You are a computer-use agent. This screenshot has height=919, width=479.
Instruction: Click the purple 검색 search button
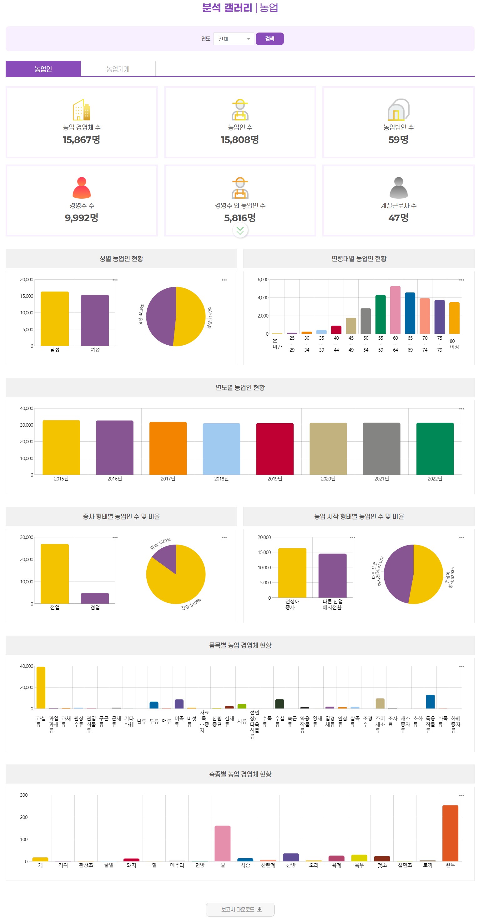[269, 38]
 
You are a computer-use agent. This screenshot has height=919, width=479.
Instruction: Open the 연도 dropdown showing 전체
[234, 39]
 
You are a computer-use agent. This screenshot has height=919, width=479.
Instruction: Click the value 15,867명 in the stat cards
[81, 140]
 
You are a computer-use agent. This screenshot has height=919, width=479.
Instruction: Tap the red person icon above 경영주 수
[81, 188]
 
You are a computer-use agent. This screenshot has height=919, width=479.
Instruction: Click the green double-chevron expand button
[240, 231]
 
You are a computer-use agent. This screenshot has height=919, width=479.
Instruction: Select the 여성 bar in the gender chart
[94, 320]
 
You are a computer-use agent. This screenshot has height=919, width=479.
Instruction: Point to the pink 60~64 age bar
[395, 310]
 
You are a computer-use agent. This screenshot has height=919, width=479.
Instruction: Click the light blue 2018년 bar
[221, 449]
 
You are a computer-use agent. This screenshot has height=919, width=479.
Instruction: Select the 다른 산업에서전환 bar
[332, 575]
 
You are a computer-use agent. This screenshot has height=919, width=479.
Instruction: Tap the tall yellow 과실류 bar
[41, 687]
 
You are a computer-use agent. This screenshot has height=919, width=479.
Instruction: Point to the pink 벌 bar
[222, 843]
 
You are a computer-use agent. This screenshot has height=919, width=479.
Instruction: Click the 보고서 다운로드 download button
[240, 909]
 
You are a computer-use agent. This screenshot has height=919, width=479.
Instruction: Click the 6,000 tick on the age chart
[263, 280]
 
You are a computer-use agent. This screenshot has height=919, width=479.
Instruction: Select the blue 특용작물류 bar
[430, 701]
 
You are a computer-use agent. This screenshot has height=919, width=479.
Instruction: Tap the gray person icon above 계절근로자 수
[398, 188]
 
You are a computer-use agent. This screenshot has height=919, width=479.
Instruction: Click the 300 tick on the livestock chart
[24, 795]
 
